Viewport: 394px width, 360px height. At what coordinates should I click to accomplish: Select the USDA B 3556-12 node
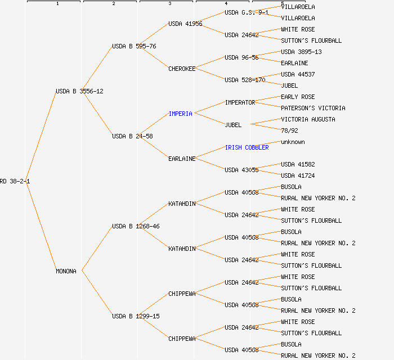coord(79,91)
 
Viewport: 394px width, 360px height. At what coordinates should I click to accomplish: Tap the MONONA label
coord(66,271)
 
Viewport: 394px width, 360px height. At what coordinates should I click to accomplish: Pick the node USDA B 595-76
coord(134,46)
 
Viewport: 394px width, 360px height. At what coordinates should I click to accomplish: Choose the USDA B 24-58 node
coord(132,136)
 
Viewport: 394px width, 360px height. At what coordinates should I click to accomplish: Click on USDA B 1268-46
coord(136,226)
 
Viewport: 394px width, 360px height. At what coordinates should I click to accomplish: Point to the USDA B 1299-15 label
coord(136,316)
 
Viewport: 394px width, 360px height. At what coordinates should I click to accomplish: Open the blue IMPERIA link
coord(180,114)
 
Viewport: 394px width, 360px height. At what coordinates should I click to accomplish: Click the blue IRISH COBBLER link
coord(247,147)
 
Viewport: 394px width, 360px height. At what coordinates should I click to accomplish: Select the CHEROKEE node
coord(182,69)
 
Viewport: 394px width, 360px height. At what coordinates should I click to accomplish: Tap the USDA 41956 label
coord(185,24)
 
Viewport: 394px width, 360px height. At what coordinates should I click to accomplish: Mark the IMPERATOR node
coord(240,102)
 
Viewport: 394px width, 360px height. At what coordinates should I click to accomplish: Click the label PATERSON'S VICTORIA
coord(313,108)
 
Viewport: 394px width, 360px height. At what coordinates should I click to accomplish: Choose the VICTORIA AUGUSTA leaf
coord(308,119)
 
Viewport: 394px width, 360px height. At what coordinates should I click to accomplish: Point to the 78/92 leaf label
coord(289,130)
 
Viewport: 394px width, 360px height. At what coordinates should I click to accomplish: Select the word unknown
coord(293,142)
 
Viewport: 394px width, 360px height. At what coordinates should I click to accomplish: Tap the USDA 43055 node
coord(241,170)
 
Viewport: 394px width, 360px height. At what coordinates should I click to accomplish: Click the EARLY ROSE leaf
coord(298,97)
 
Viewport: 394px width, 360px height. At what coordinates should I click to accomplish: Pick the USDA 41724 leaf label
coord(298,175)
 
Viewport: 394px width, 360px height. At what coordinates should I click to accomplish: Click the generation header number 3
coord(169,4)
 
